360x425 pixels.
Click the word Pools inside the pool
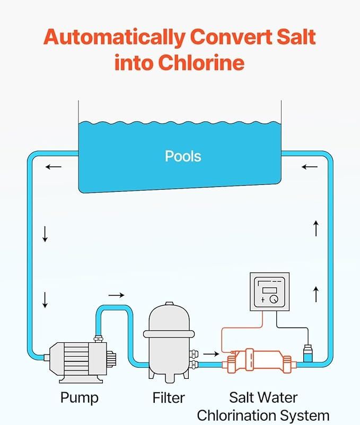coord(183,156)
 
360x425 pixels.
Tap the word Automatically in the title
coord(113,38)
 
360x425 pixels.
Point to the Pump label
coord(80,397)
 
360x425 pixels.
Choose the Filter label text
coord(169,397)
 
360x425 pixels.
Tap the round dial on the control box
coord(274,299)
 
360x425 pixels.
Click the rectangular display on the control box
coord(269,289)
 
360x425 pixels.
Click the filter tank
coord(169,339)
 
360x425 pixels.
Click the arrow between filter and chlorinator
coord(211,353)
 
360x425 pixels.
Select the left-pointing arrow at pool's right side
coord(309,167)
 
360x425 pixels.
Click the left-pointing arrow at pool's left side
coord(53,167)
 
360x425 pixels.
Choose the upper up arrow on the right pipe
coord(316,228)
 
